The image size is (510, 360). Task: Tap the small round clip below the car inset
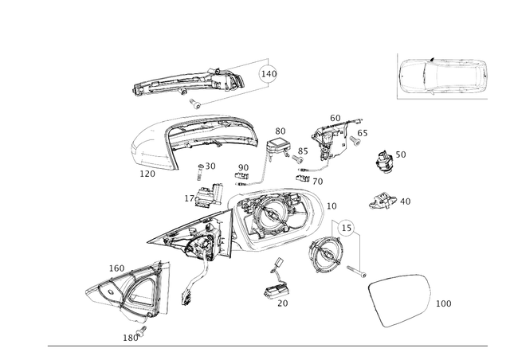click(385, 162)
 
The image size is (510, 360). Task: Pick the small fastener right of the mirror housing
click(382, 201)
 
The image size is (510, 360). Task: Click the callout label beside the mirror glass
click(443, 303)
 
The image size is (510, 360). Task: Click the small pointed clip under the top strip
click(194, 104)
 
